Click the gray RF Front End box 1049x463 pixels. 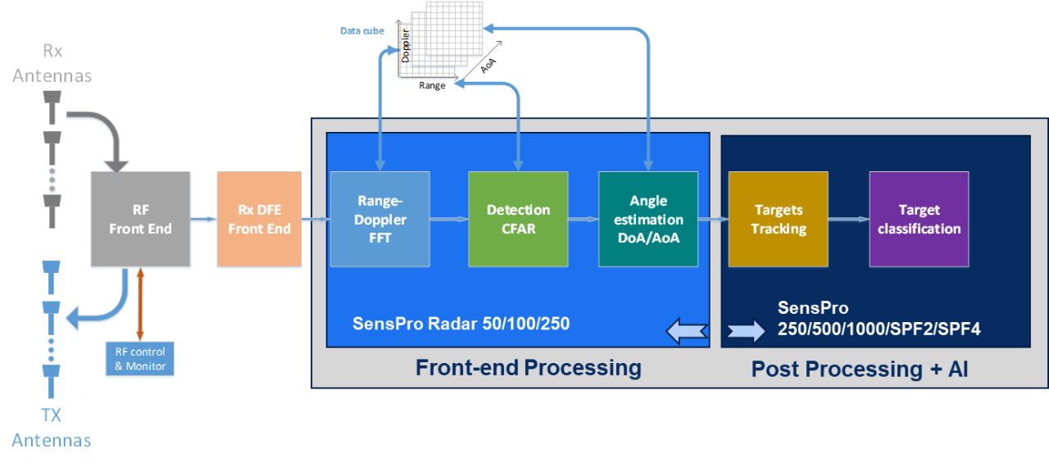[140, 220]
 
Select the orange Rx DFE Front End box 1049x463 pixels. [259, 220]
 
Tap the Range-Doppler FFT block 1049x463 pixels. [379, 220]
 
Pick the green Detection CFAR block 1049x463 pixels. [518, 220]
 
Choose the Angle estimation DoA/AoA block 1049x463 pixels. [648, 220]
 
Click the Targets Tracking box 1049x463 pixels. [778, 220]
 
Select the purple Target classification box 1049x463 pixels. [919, 220]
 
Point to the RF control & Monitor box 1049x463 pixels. [140, 359]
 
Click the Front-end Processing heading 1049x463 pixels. [528, 367]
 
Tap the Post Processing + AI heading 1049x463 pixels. [860, 369]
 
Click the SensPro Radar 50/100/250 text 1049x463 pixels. [461, 323]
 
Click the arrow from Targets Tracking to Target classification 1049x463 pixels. [848, 220]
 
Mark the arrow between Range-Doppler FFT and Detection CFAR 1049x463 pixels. [448, 220]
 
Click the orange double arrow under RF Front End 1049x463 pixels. [140, 304]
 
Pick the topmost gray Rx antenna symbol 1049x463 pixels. [52, 102]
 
